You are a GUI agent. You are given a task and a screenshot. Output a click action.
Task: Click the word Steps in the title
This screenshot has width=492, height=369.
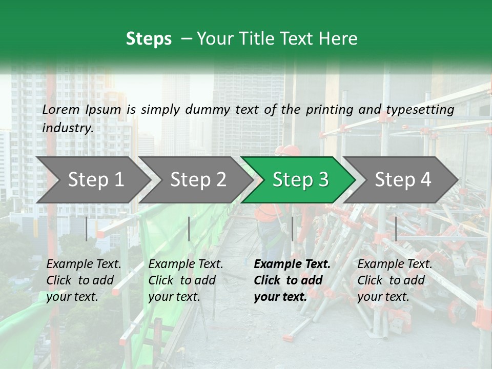click(x=149, y=39)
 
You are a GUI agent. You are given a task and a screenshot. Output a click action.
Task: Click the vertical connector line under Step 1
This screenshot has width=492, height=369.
click(x=87, y=229)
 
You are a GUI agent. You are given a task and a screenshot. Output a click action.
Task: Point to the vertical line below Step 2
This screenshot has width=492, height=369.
click(x=189, y=229)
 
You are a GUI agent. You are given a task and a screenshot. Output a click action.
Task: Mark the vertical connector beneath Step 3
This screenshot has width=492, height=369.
click(x=292, y=229)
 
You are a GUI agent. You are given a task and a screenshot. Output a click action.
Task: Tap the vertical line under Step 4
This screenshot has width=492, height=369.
click(x=396, y=229)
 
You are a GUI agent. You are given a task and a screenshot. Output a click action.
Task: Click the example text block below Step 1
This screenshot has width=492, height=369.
click(x=84, y=280)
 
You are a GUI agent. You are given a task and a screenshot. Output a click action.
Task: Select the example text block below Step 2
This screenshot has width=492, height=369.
click(x=186, y=280)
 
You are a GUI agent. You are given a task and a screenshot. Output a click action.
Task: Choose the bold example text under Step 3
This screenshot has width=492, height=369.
click(x=292, y=280)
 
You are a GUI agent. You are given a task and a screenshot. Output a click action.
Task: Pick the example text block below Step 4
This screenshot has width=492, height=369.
click(x=395, y=280)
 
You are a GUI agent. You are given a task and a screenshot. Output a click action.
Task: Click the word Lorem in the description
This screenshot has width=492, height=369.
click(x=61, y=109)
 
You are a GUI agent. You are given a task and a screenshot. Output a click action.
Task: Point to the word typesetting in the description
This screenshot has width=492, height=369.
click(x=420, y=110)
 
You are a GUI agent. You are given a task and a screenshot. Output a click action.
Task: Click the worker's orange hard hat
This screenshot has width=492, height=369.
click(x=288, y=150)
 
